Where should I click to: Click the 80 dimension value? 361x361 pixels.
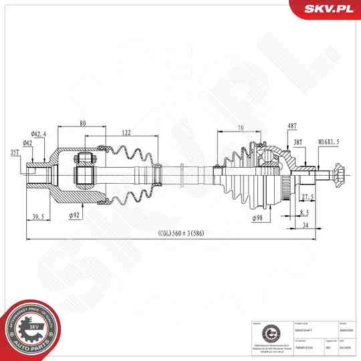pos(82,123)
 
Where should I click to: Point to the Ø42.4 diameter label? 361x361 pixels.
pos(37,133)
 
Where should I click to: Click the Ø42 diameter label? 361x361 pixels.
pos(28,142)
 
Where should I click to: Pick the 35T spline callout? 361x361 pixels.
pos(15,152)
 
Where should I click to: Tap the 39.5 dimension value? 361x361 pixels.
pos(38,217)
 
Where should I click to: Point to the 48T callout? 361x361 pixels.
pos(291,126)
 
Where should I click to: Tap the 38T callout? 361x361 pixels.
pos(297,142)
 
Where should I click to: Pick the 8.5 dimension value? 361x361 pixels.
pos(304,212)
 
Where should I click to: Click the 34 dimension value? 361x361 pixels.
pos(305,226)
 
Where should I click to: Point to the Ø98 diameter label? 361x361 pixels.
pos(257,218)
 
